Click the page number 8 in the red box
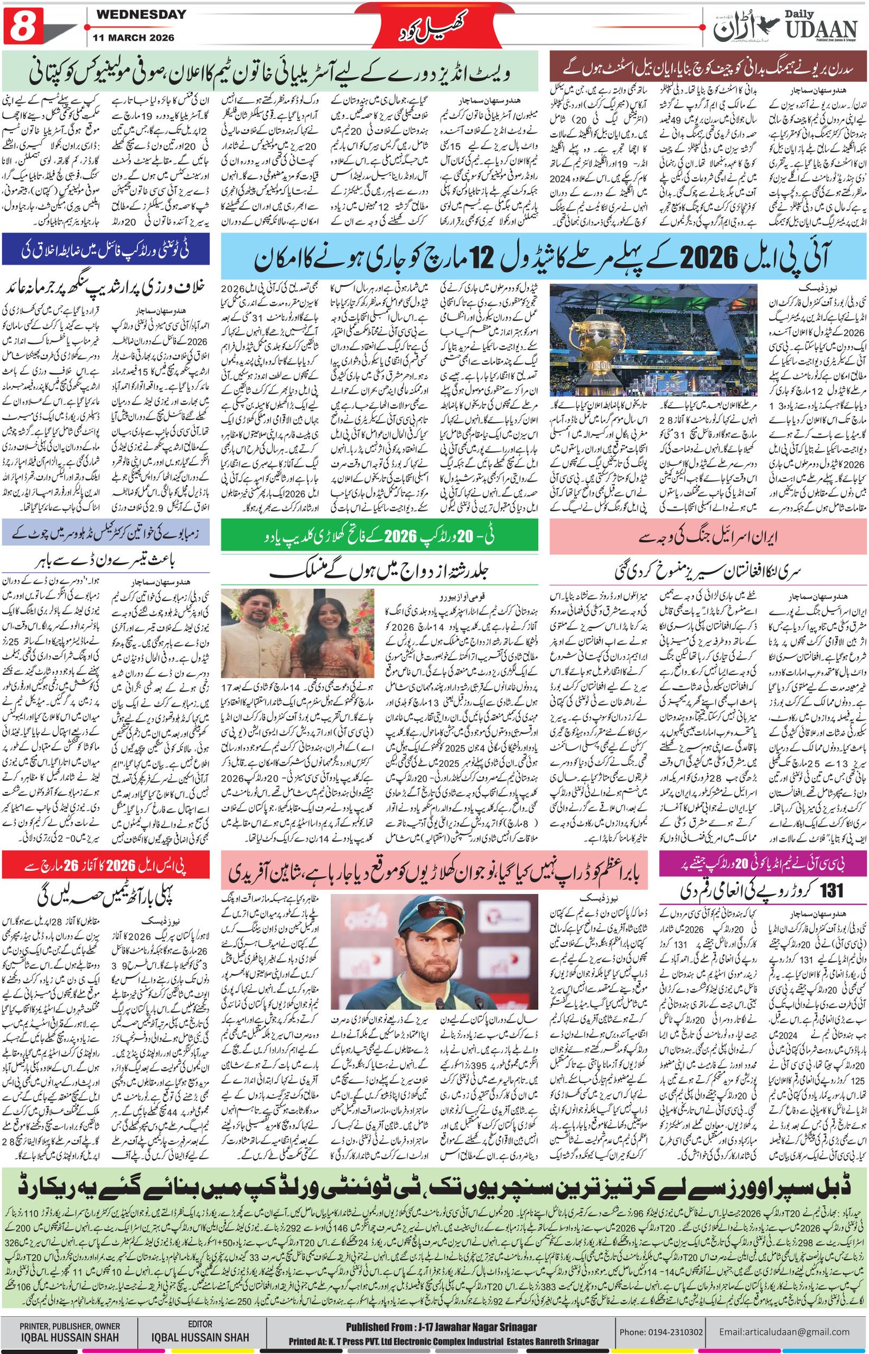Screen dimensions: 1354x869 click(23, 26)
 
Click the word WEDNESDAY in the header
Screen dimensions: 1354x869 click(141, 15)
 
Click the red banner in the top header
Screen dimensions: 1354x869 click(434, 26)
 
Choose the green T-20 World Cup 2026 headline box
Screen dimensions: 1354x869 click(379, 536)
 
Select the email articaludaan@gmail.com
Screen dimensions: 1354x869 click(784, 1331)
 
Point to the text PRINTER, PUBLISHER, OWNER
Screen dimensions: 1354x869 click(70, 1326)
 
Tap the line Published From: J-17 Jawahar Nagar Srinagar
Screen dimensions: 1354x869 click(441, 1327)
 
